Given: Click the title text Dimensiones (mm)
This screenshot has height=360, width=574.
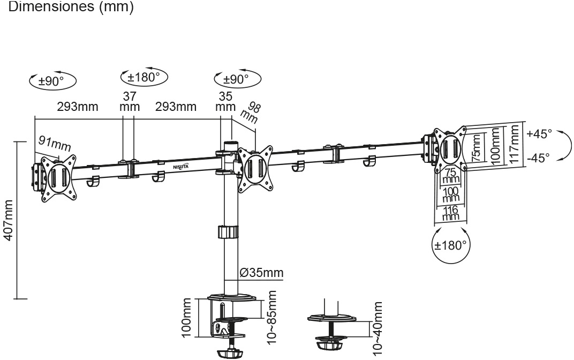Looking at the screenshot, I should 67,8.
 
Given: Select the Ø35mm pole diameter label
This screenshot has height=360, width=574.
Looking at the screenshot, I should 261,273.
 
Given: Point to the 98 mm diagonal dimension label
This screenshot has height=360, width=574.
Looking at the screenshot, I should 250,112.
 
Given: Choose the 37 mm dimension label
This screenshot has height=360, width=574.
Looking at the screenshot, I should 129,101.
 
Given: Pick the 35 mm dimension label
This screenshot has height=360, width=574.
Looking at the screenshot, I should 226,101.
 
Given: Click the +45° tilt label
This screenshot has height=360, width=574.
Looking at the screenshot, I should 539,133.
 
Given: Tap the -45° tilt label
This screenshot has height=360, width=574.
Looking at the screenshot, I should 539,157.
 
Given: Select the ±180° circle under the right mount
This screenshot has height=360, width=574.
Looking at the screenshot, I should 451,245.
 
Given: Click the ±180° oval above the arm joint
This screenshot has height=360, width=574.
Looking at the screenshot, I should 143,77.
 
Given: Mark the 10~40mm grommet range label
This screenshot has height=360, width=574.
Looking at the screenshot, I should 378,327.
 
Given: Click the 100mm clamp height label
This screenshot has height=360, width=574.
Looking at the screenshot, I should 186,319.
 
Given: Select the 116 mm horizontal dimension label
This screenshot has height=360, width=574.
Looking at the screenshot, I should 451,213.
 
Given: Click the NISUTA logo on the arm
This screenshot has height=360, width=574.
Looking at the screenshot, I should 180,167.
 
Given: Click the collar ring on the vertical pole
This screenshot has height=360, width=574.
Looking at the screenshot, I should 227,232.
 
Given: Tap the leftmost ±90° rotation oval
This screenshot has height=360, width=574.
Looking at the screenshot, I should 52,81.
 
